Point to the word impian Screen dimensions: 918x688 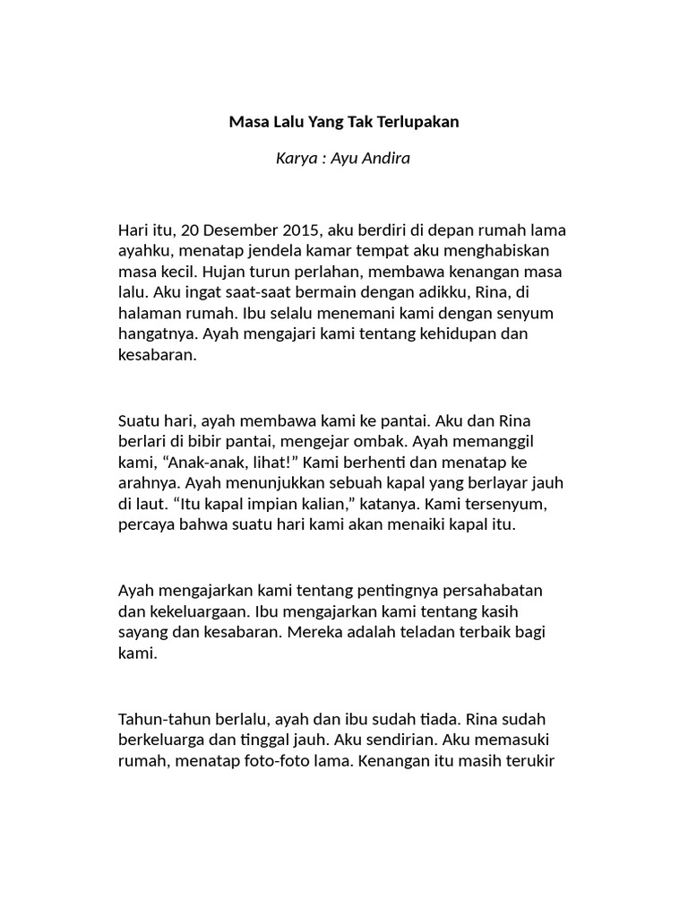(x=247, y=505)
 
